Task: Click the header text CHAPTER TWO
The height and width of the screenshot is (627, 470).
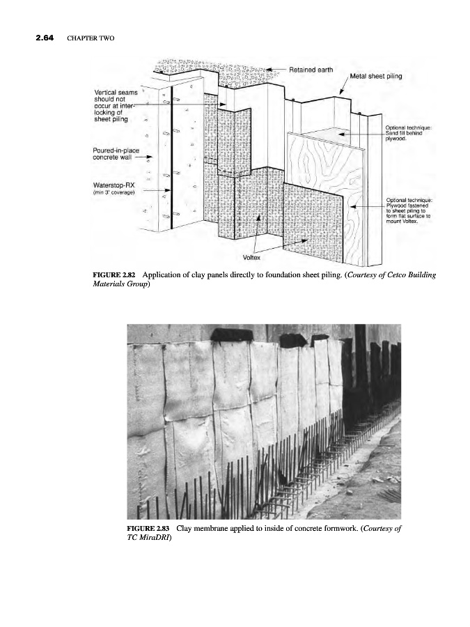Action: coord(86,38)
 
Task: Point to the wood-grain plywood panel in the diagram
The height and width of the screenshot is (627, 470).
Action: coord(327,174)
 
